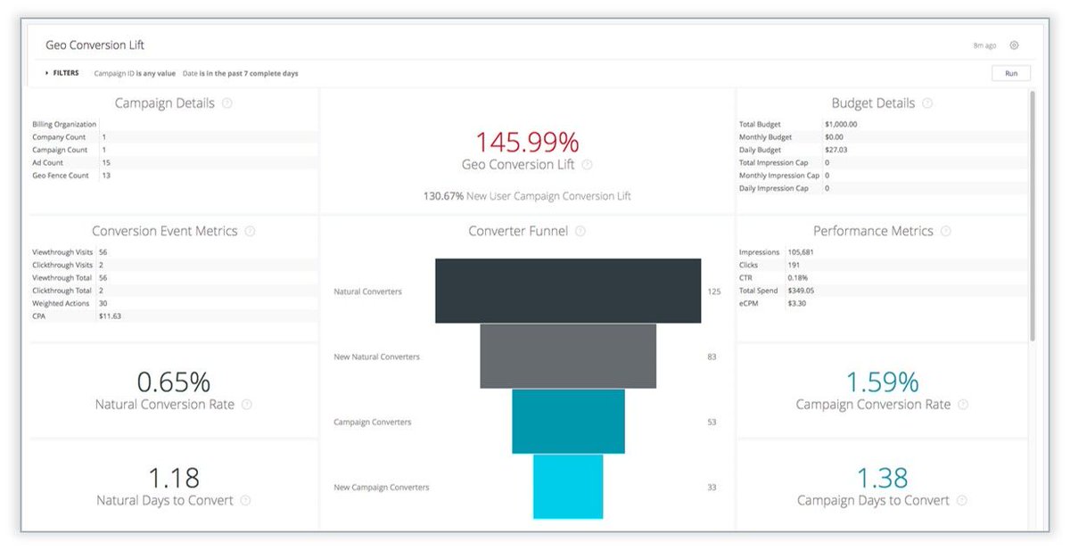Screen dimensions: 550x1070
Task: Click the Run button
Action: coord(1010,73)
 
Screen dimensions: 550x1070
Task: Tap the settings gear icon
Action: coord(1014,45)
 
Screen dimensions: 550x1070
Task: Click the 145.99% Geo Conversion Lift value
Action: coord(526,142)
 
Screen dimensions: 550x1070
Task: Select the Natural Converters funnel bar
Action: coord(568,291)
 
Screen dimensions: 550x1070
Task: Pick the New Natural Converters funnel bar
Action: coord(568,356)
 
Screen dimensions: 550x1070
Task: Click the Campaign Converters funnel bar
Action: coord(568,421)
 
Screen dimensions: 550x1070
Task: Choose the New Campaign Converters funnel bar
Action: coord(568,486)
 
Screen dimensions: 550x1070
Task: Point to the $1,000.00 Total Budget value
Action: coord(841,125)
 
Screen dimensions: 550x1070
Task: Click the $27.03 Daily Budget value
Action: coord(836,150)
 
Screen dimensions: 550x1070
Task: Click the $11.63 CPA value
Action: coord(111,316)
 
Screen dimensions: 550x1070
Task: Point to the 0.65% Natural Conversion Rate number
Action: coord(173,382)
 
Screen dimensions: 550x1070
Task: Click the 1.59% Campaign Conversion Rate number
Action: coord(881,382)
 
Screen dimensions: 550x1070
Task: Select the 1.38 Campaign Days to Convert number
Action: coord(881,478)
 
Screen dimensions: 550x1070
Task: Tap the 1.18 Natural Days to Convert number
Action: coord(173,478)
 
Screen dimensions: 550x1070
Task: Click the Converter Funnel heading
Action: coord(518,231)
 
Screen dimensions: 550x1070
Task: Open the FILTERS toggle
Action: coord(62,73)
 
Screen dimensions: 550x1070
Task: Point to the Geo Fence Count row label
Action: coord(59,176)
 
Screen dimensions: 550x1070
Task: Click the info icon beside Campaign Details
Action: coord(226,103)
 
